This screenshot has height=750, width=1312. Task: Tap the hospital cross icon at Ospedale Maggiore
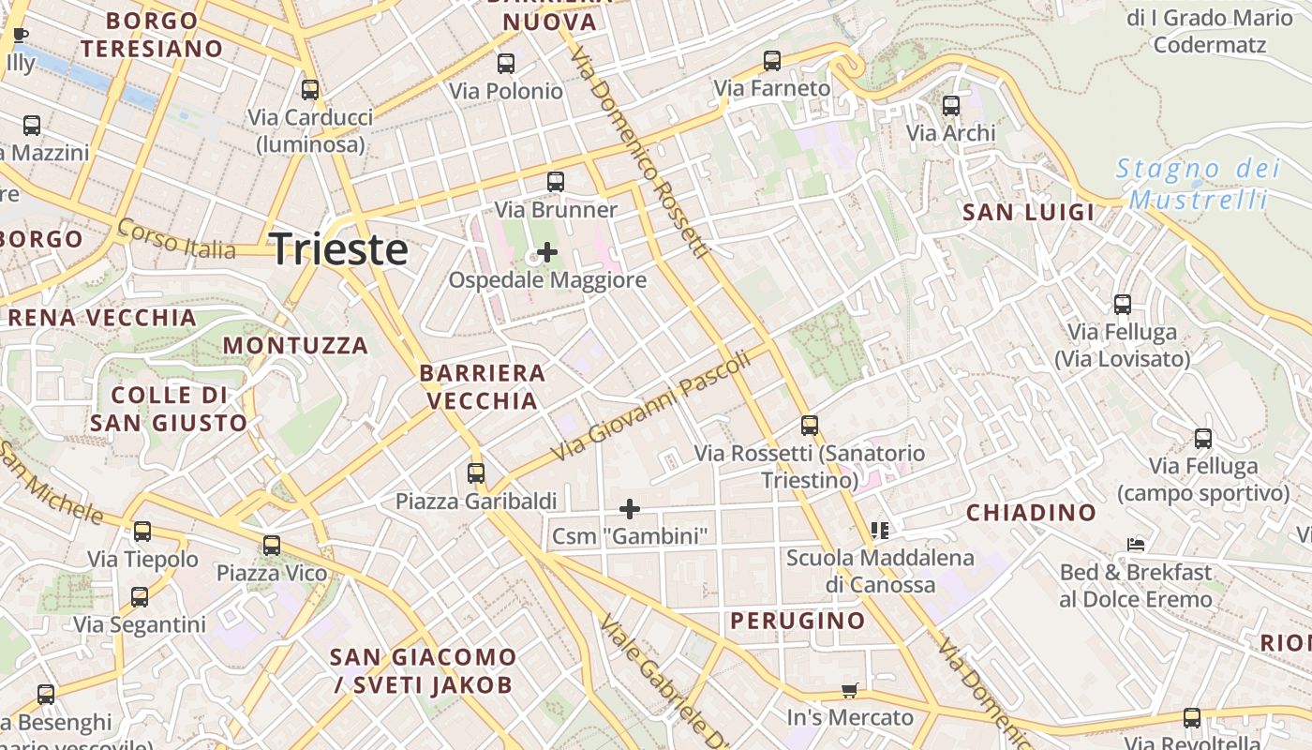point(547,252)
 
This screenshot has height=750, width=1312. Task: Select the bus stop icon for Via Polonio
point(506,64)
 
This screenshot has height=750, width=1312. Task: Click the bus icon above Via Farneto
point(772,61)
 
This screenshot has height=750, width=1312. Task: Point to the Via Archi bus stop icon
point(951,106)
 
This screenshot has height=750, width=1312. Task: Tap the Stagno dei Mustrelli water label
point(1198,184)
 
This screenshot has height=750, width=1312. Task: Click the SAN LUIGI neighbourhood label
point(1029,213)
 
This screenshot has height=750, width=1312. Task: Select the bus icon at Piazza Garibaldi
point(476,472)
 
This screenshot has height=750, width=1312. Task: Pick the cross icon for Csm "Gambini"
point(630,509)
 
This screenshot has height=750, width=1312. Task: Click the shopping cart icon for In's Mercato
point(850,691)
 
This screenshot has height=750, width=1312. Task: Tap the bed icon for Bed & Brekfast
point(1136,545)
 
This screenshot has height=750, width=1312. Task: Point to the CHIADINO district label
point(1031,513)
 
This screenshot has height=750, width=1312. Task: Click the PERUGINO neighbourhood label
point(798,621)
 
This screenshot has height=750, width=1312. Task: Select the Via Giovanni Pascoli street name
point(651,406)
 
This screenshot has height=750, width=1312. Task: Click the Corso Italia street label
point(176,240)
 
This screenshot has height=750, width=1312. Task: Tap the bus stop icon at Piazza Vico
point(272,545)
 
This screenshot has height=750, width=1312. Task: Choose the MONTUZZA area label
point(295,346)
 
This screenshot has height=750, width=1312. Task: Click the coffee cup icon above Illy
point(21,37)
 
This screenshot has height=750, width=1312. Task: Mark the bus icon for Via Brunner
point(556,182)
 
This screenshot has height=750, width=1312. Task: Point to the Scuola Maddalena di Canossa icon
point(879,531)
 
